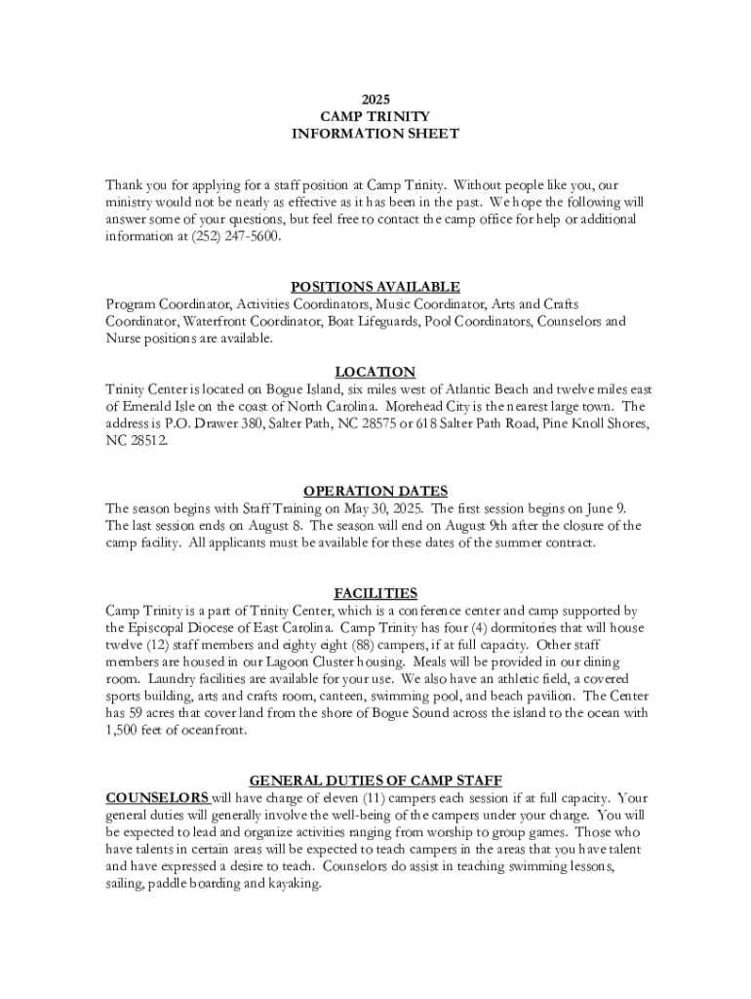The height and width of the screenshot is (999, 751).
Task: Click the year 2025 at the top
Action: click(x=375, y=99)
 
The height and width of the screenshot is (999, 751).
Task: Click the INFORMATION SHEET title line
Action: click(x=375, y=134)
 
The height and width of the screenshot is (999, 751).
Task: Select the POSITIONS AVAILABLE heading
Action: click(x=375, y=287)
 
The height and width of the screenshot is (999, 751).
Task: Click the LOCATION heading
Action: click(x=375, y=372)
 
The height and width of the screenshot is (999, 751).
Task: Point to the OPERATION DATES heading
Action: click(x=375, y=491)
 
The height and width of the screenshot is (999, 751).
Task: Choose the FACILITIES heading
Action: click(x=375, y=593)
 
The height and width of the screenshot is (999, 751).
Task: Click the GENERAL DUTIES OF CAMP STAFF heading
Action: click(x=375, y=780)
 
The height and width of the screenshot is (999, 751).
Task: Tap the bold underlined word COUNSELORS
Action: click(x=157, y=797)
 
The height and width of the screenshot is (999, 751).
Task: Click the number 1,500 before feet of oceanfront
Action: click(x=127, y=731)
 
